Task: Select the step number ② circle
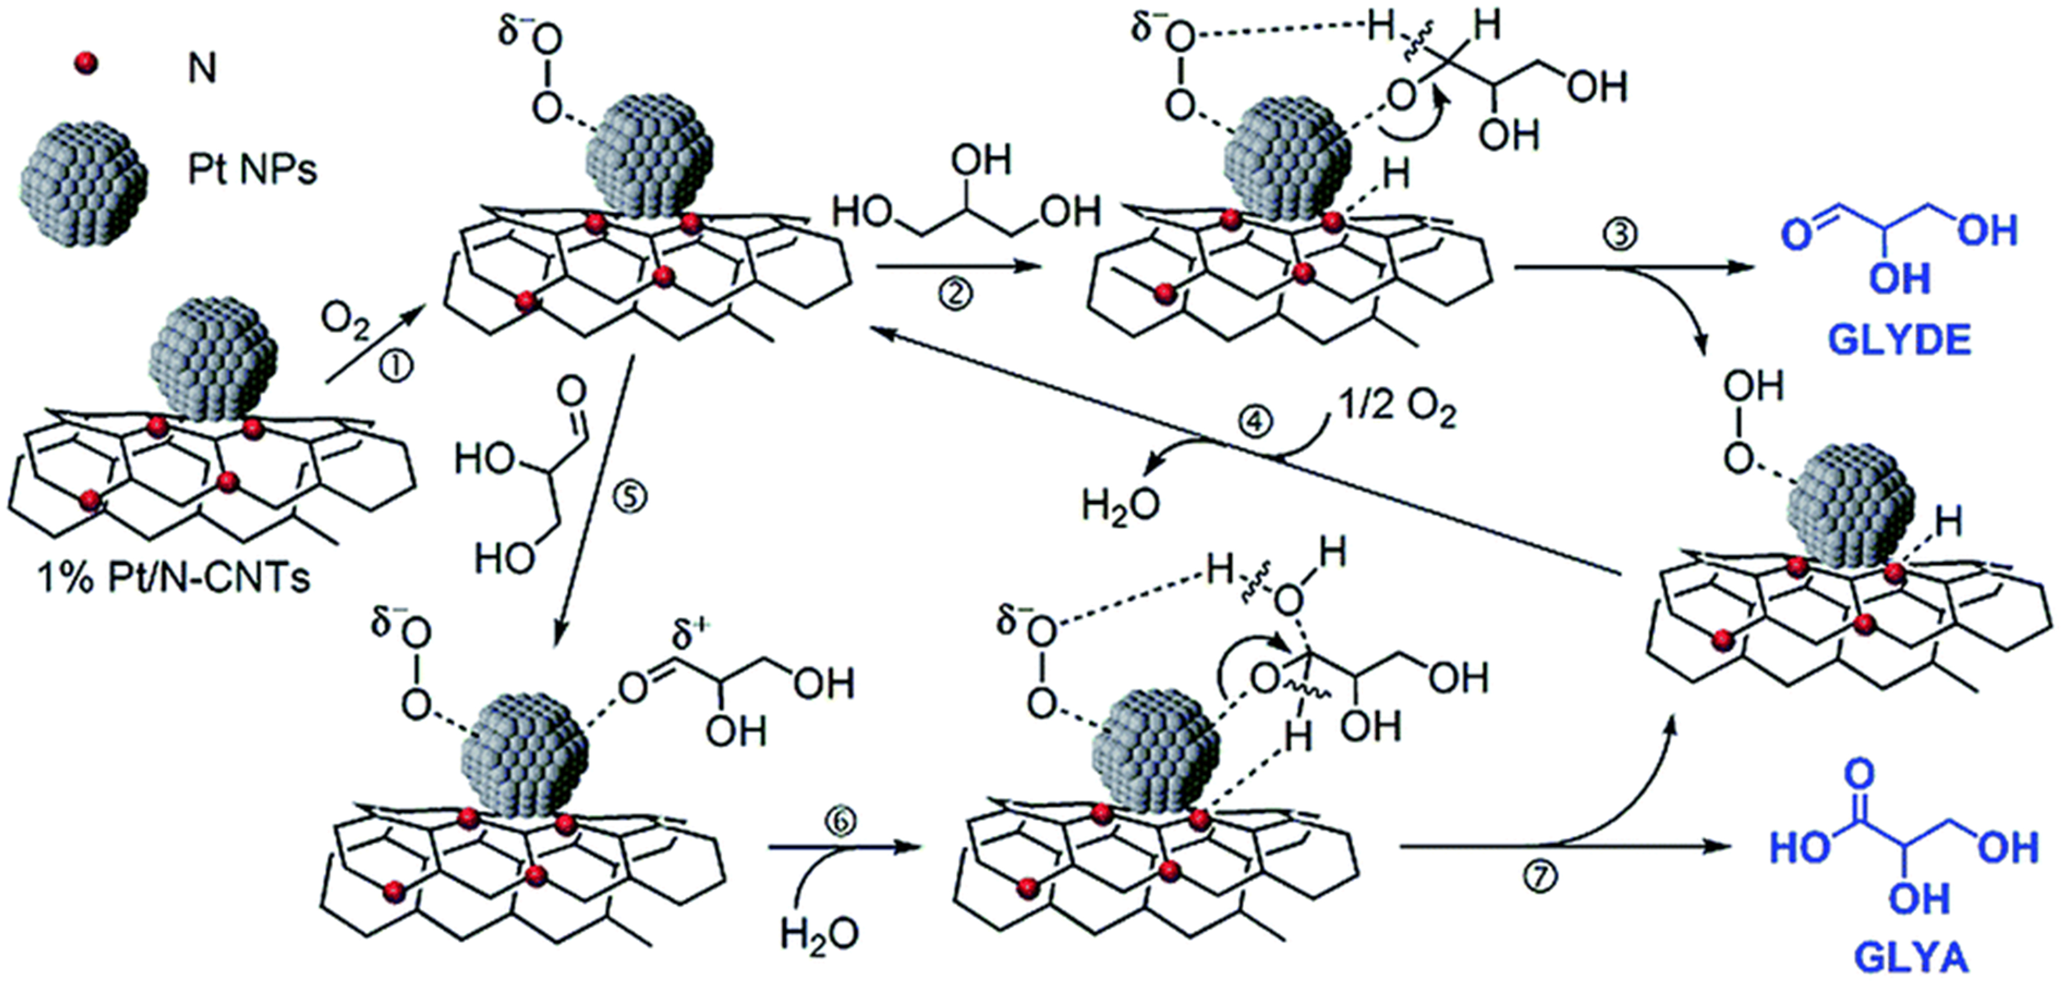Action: click(x=956, y=294)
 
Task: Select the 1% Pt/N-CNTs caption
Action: click(x=173, y=577)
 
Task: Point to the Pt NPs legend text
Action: click(x=252, y=170)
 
